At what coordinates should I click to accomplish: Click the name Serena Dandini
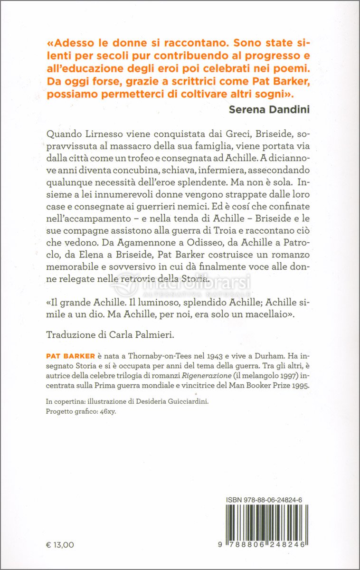point(269,110)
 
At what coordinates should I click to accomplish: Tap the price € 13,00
point(60,544)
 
